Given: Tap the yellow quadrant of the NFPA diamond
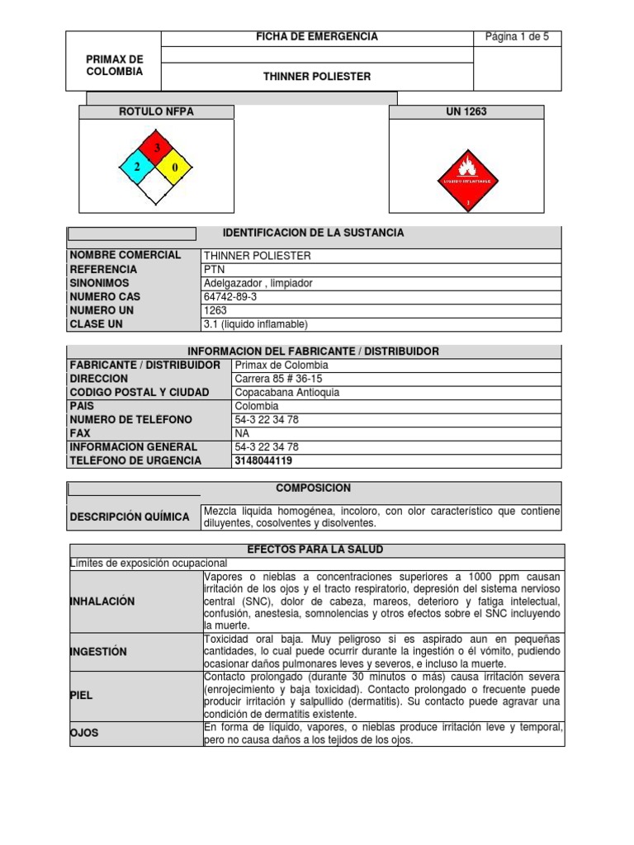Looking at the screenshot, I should point(173,168).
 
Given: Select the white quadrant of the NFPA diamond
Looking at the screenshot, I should point(153,187).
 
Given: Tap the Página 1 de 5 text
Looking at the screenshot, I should point(517,37).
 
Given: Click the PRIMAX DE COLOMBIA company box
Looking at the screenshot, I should point(114,65).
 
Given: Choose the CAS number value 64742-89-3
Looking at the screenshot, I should point(230,297).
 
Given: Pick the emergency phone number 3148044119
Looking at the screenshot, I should point(263,461).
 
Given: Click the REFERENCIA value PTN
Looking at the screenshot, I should point(214,270).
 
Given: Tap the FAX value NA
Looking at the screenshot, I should point(242,433).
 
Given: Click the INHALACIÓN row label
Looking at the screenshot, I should point(102,602).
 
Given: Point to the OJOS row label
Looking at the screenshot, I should point(85,733).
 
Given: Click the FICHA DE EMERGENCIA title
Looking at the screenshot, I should point(317,37).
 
